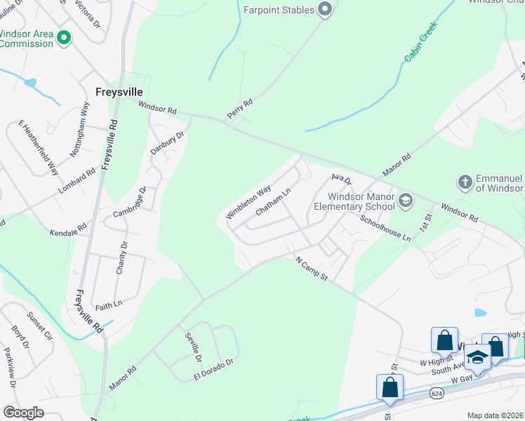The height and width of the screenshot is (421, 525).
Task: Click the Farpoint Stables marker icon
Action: point(324,10)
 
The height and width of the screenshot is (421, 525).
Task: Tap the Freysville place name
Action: point(119,92)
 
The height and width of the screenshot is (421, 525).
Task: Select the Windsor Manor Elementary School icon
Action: point(405,201)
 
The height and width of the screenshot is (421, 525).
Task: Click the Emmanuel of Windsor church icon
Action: point(464,182)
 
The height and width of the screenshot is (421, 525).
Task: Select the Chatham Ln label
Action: point(272,201)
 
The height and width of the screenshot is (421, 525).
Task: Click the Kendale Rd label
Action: point(67,230)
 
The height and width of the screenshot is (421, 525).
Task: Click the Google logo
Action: point(23,412)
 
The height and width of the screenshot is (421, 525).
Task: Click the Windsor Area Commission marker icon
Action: point(64,38)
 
